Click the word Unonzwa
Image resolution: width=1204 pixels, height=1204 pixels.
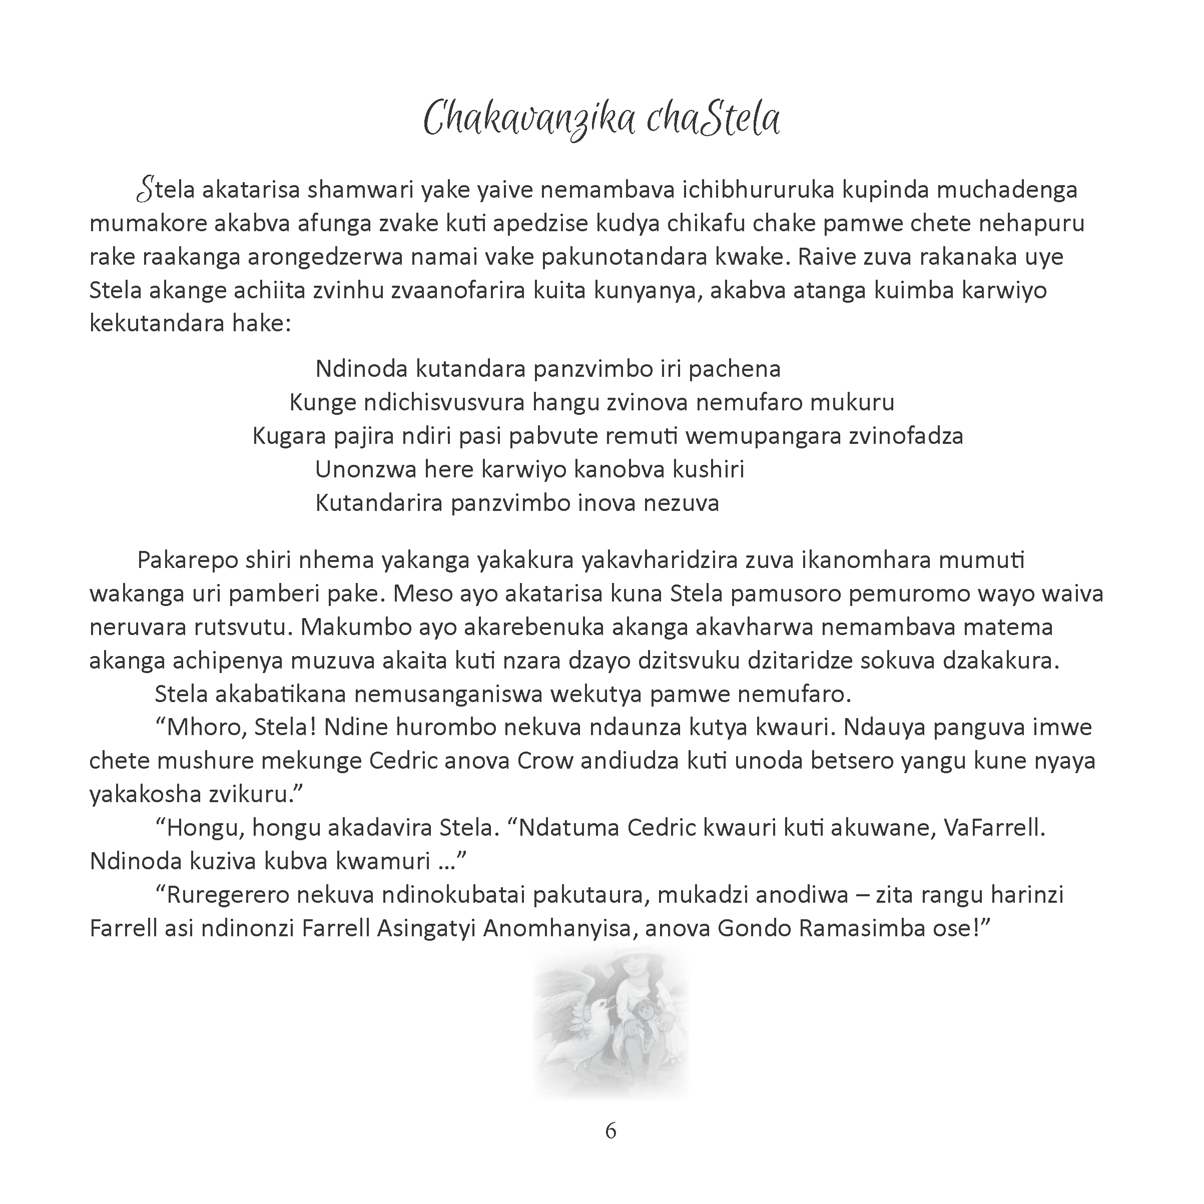coord(365,469)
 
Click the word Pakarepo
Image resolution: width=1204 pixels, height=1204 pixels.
coord(187,560)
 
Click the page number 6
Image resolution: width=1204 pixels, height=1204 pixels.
coord(610,1130)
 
